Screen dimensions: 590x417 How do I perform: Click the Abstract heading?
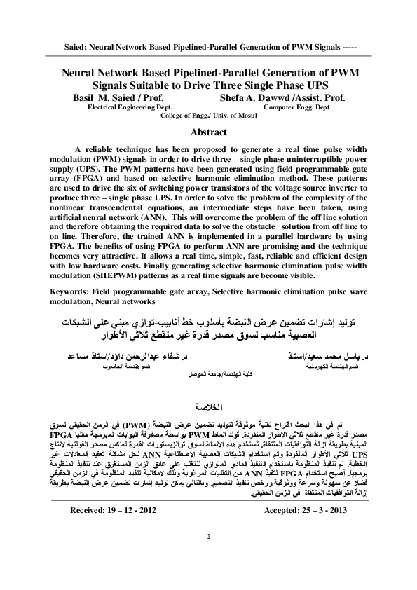pyautogui.click(x=208, y=132)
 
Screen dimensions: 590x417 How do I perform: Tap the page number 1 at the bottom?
pyautogui.click(x=209, y=556)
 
